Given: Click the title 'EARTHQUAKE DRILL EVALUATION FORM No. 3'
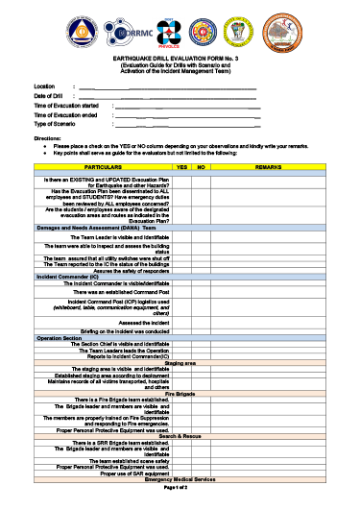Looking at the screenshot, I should [180, 60].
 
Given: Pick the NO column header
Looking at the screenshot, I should [202, 167].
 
